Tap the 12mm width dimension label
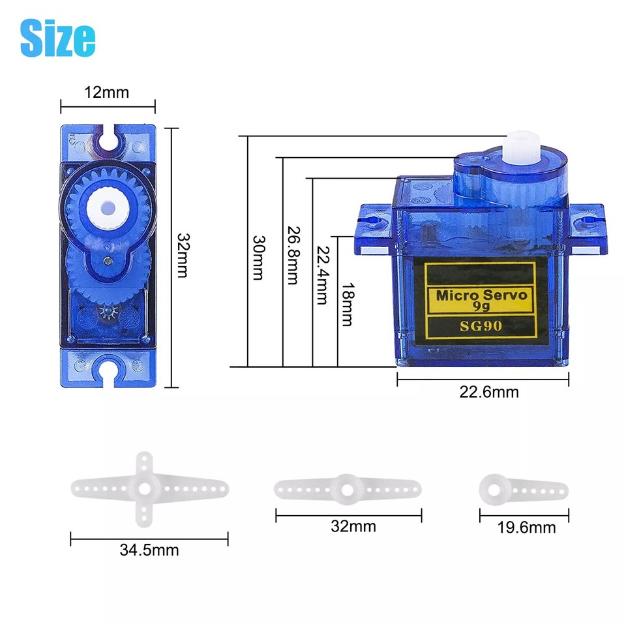tap(107, 93)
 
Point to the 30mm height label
tap(258, 258)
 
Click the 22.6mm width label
tap(488, 392)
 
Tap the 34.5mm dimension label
tap(149, 550)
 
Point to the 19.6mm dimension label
tap(526, 528)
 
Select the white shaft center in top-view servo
tap(107, 207)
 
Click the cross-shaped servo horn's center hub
tap(145, 487)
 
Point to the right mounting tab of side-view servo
tap(586, 228)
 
